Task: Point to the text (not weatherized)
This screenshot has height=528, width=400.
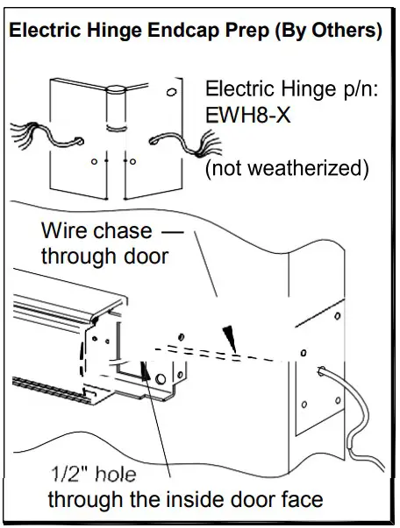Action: click(x=286, y=167)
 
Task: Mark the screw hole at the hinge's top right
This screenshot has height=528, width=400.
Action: click(x=171, y=91)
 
